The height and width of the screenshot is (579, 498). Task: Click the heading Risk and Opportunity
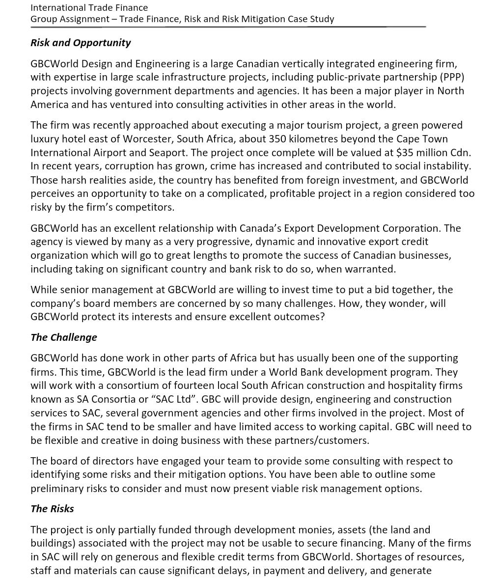click(x=81, y=43)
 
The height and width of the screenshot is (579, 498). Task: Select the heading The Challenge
click(x=64, y=337)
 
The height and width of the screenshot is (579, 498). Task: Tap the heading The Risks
click(x=52, y=509)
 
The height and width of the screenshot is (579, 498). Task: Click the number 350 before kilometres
click(x=278, y=138)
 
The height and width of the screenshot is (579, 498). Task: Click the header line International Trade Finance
click(x=89, y=7)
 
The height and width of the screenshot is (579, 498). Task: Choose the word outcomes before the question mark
click(x=298, y=317)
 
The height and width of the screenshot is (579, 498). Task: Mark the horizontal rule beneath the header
click(x=228, y=27)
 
